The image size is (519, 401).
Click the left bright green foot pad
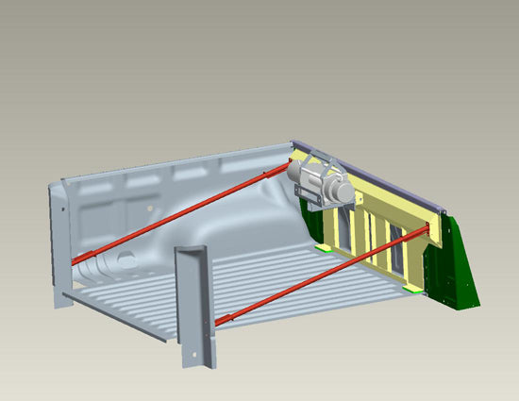324,248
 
